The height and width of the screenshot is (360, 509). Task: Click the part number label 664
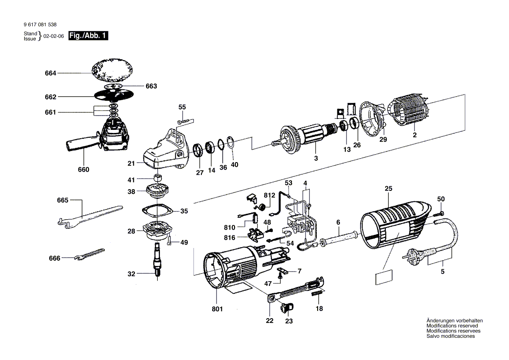click(51, 74)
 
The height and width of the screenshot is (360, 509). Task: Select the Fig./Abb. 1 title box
click(88, 36)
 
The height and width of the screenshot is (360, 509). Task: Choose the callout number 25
click(389, 188)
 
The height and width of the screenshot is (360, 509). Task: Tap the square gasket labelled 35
click(158, 210)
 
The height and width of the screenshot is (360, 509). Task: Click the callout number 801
click(217, 309)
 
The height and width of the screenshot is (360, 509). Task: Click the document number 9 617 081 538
click(40, 25)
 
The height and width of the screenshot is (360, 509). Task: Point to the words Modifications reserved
click(452, 326)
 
